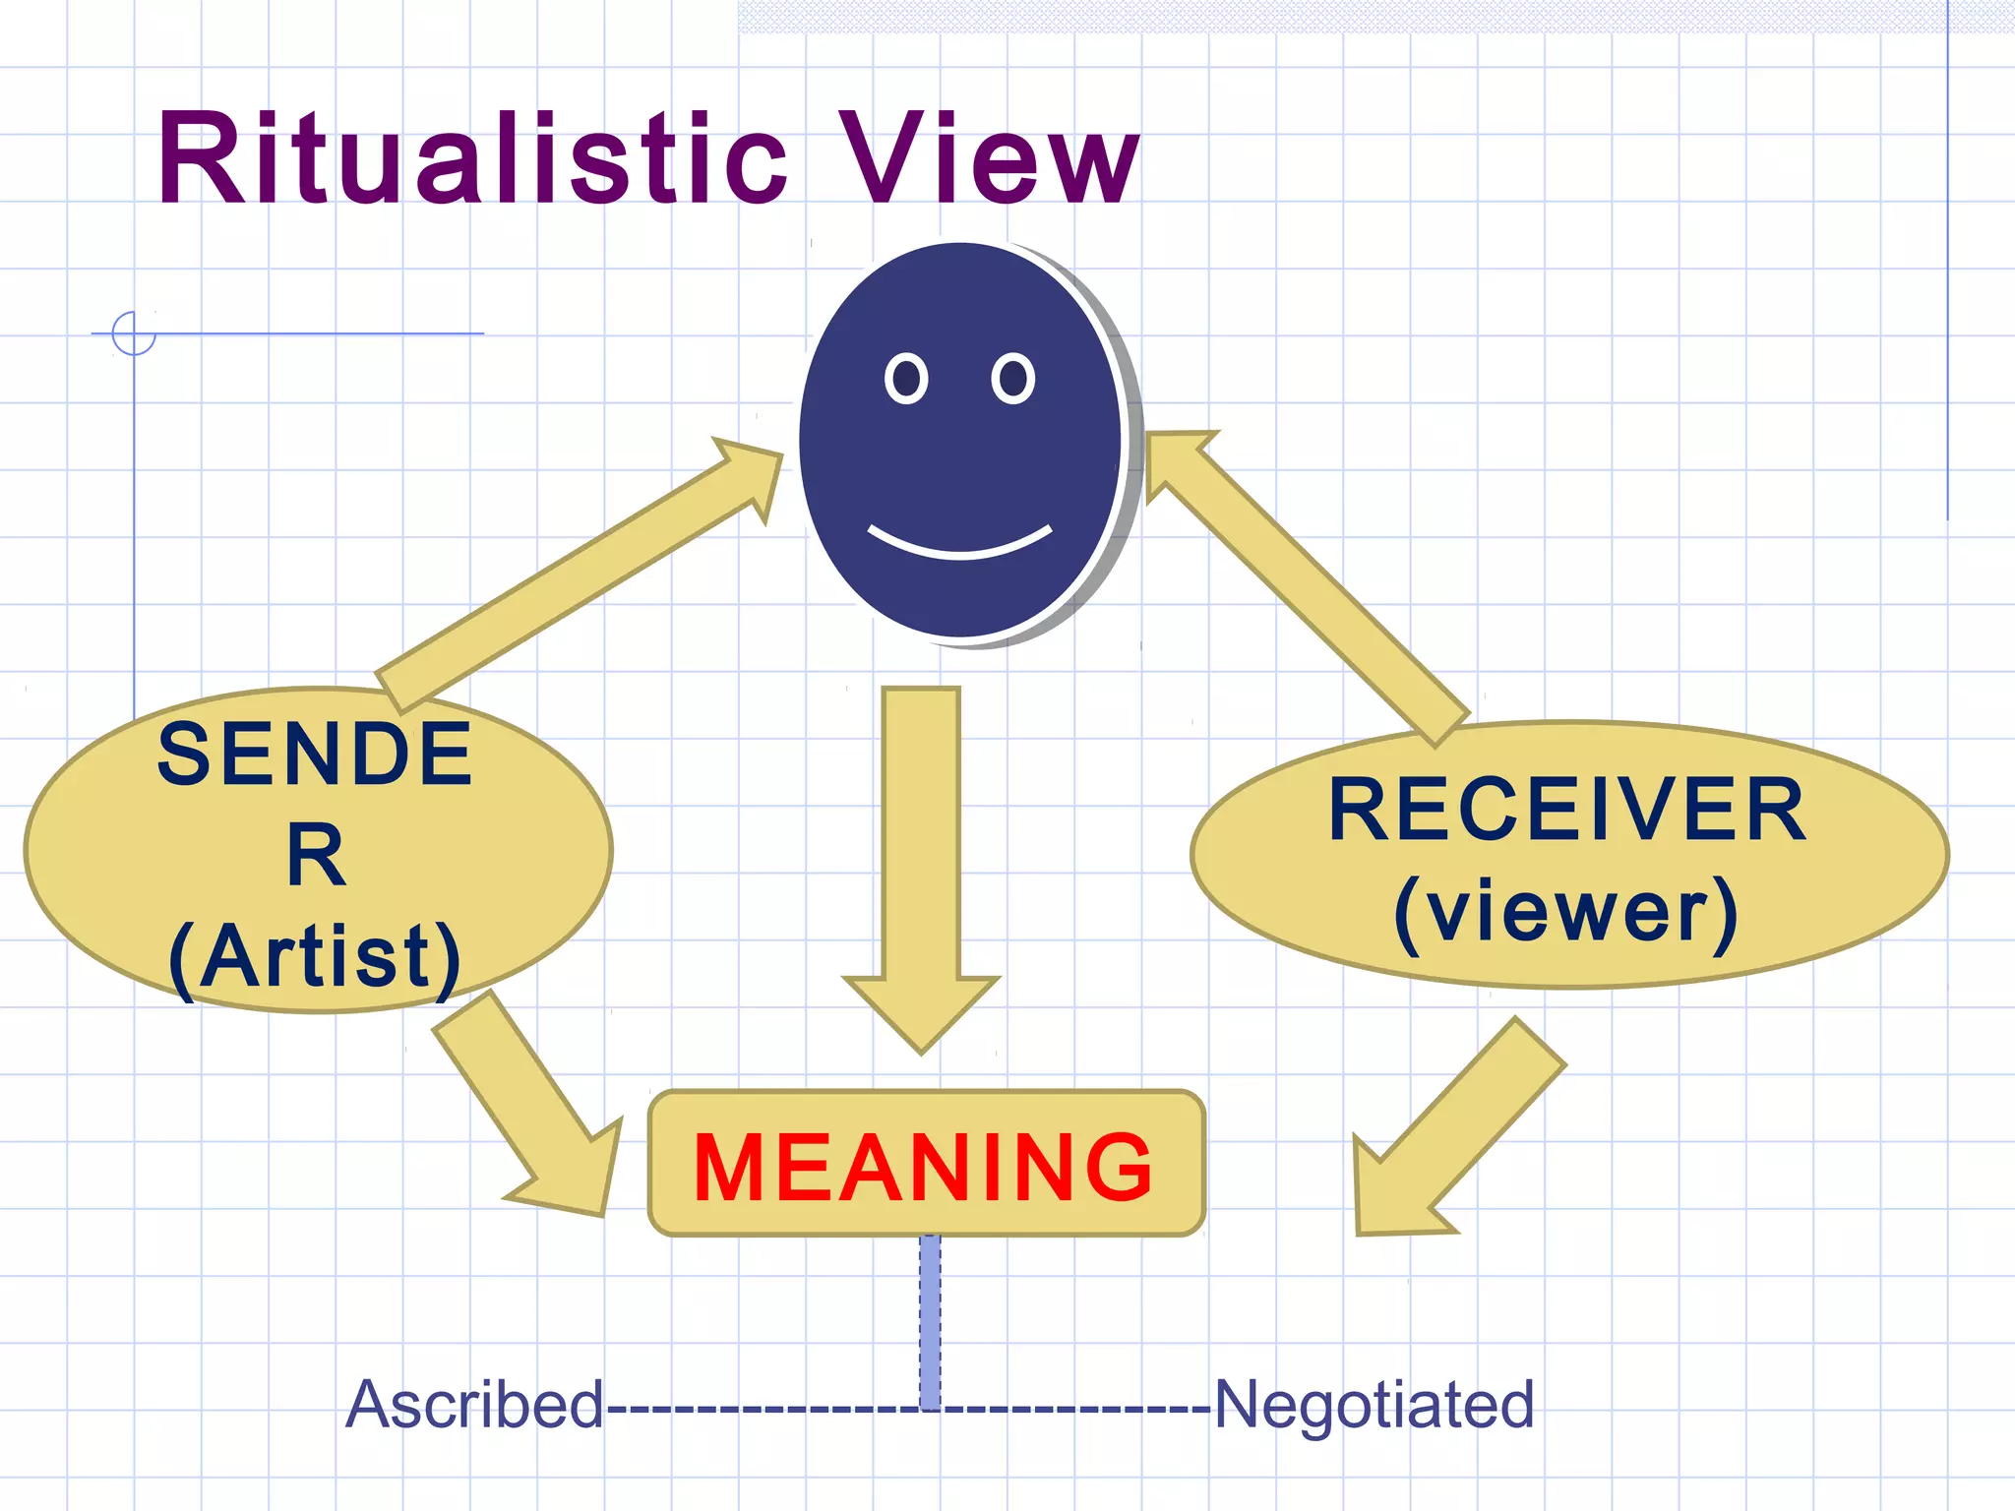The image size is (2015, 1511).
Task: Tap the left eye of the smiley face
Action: (906, 379)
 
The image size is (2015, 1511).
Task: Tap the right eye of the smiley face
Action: (1012, 379)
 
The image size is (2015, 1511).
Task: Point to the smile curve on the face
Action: (959, 549)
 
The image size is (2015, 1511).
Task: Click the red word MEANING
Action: (923, 1168)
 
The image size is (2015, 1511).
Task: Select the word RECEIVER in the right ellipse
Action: (1567, 811)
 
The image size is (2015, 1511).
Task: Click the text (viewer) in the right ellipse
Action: (1567, 913)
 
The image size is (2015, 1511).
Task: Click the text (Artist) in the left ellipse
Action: (315, 956)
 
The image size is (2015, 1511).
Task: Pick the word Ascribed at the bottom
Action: (474, 1405)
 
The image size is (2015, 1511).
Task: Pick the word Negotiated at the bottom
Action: (1374, 1405)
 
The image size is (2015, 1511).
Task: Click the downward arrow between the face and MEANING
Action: (921, 866)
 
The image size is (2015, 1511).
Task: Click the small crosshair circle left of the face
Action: (134, 333)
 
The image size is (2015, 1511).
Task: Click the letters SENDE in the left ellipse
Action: (315, 755)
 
